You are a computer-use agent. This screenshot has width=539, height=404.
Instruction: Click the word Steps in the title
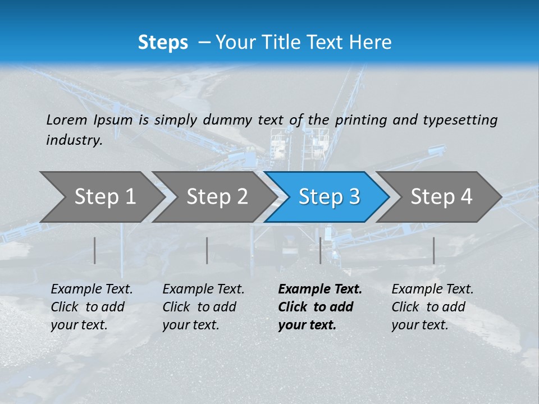pos(163,43)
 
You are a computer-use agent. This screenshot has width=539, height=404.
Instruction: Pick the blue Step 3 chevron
pos(329,196)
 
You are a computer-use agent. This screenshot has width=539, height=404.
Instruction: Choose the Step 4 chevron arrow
pos(441,196)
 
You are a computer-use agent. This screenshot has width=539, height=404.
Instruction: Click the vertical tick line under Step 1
pos(95,250)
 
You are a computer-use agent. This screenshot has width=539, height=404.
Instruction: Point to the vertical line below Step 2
pos(207,250)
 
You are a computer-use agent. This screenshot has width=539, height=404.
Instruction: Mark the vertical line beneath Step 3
pos(320,250)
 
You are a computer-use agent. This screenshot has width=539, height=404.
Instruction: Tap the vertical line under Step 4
pos(433,250)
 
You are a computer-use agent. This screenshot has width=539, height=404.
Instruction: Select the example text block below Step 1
pos(92,306)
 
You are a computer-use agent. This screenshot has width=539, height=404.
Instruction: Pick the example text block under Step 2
pos(203,306)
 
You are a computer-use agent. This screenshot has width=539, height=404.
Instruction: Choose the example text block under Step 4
pos(432,306)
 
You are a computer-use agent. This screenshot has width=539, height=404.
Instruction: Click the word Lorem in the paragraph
pos(66,120)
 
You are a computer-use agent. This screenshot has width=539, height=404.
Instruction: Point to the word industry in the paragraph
pos(74,140)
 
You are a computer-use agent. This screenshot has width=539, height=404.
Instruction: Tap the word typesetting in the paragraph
pos(460,120)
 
